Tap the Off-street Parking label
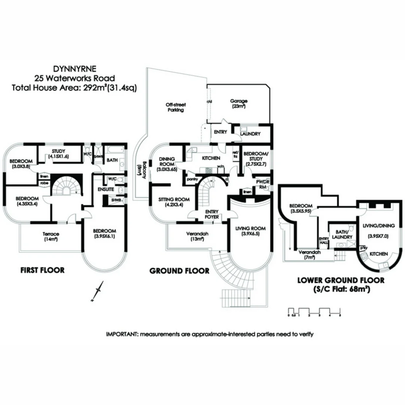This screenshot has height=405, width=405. coord(176,108)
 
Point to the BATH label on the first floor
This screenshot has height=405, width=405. coord(112,160)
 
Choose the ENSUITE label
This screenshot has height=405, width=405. coord(106,190)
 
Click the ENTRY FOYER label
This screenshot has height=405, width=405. coord(212,214)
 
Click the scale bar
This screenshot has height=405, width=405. coord(314,311)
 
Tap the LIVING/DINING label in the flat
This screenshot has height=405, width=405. coord(378,225)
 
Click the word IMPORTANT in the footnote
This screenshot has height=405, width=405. coord(122,334)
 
